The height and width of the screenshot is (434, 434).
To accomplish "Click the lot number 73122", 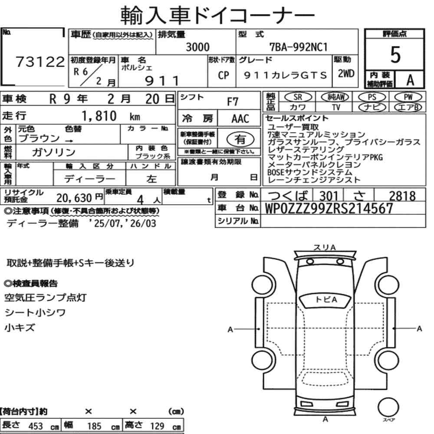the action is pos(40,62).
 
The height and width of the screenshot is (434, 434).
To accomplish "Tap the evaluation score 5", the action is pos(395,55).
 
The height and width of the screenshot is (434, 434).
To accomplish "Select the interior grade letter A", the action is pos(410,80).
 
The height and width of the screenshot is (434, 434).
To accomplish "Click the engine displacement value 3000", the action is pos(197,47).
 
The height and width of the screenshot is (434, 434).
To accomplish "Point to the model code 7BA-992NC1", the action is pos(299,47).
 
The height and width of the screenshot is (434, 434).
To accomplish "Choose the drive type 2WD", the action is pos(346,74).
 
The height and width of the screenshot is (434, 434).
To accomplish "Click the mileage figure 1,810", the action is pos(99,116).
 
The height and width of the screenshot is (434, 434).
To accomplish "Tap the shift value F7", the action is pos(233,102).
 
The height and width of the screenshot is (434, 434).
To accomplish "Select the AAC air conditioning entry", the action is pos(240,119).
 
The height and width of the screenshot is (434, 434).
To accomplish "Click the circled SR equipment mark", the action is pos(298,97).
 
